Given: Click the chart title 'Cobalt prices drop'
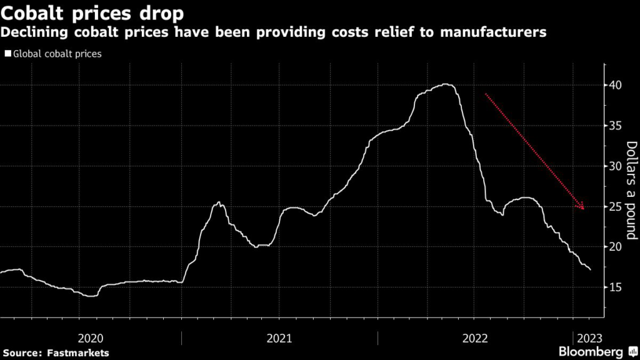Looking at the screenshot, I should (92, 12).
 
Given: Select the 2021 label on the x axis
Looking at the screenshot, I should (279, 338).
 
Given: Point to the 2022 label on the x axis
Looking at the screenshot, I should (475, 338).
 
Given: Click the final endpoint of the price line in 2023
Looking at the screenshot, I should (590, 269).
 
